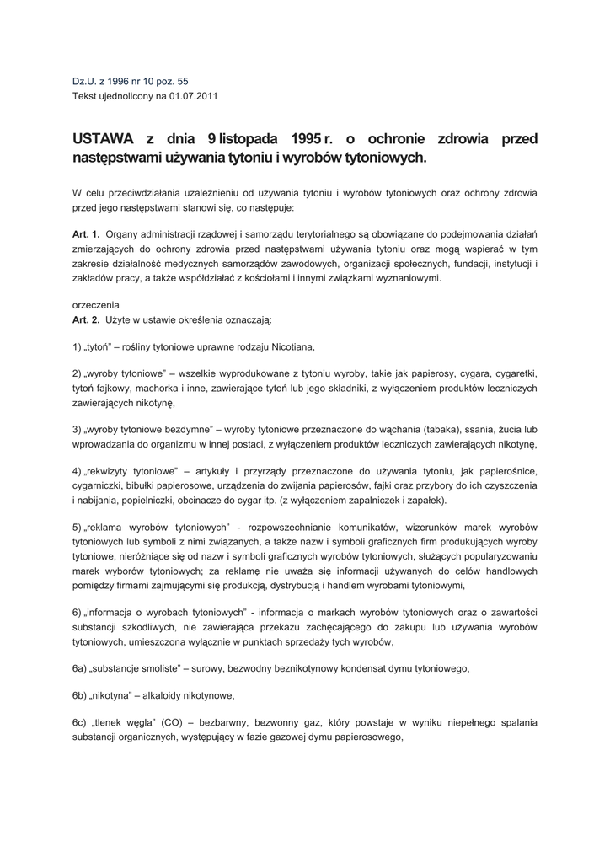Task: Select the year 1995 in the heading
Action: (308, 139)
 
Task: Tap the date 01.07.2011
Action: (194, 96)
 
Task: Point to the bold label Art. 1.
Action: (86, 233)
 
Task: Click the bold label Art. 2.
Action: (86, 319)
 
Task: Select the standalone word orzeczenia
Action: (96, 305)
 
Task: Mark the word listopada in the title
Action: (245, 139)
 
